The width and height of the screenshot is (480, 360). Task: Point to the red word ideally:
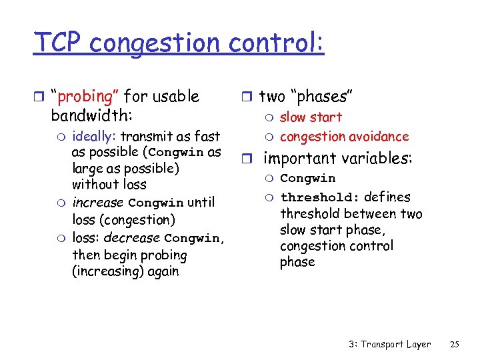[x=94, y=137]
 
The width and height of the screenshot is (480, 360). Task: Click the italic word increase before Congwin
[x=98, y=203]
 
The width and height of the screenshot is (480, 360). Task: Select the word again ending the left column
[x=163, y=272]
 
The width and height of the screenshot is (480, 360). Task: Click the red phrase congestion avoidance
[x=344, y=137]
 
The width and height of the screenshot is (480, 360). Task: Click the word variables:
[x=380, y=159]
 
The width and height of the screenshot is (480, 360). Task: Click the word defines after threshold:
[x=387, y=197]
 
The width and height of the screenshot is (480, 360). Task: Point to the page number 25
[x=455, y=345]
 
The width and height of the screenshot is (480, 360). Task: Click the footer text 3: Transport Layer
[x=389, y=345]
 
